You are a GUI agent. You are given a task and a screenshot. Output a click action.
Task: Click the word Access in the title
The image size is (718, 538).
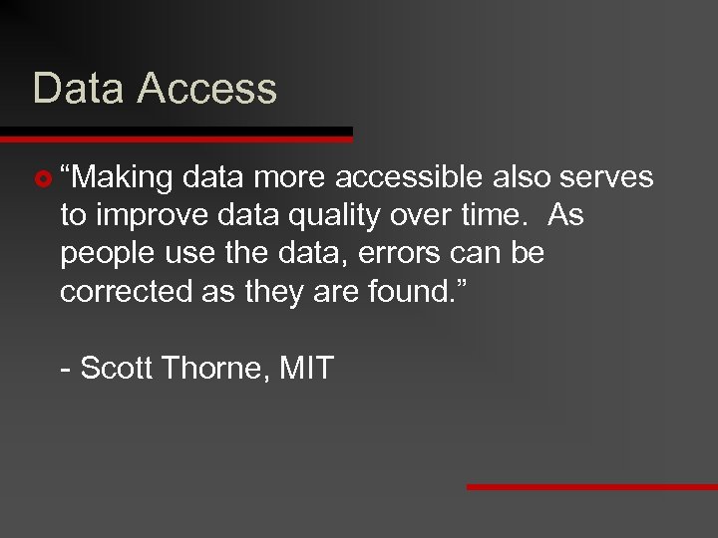(x=206, y=88)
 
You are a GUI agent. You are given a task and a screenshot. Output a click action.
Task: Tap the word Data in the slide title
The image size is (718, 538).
(x=79, y=88)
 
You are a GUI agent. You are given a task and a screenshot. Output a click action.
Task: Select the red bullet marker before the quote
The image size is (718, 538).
(x=41, y=179)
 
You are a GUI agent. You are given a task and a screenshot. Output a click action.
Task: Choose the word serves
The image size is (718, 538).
(x=606, y=177)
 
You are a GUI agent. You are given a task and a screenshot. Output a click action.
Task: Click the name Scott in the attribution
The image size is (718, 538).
(x=116, y=368)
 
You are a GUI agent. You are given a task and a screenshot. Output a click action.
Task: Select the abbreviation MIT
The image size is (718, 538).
(x=306, y=368)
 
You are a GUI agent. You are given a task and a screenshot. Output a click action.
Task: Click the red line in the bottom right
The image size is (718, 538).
(x=592, y=487)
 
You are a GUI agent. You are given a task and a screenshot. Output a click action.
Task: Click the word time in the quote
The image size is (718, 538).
(x=485, y=216)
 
